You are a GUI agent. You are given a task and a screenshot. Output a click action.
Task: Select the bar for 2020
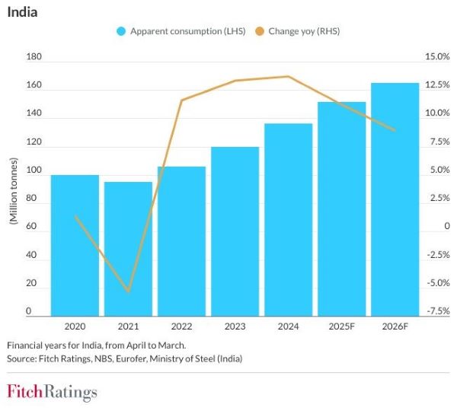point(75,245)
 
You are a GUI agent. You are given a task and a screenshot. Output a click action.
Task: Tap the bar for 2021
point(128,249)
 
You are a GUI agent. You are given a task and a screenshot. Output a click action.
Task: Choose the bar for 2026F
point(395,199)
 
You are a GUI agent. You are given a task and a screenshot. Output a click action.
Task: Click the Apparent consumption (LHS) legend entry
point(180,31)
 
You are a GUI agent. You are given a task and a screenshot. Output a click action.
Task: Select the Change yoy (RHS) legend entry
point(299,31)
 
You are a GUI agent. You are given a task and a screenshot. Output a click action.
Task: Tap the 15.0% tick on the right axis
point(438,57)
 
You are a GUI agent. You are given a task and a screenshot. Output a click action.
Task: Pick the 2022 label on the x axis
point(181,326)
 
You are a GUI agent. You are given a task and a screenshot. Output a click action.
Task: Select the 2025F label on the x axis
point(341,326)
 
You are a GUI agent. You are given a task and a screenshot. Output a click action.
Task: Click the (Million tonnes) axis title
point(12,190)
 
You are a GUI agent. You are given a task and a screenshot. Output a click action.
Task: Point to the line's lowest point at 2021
point(128,291)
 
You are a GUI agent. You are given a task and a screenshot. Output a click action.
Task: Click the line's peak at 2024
point(288,76)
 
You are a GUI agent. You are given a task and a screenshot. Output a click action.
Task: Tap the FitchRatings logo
point(52,393)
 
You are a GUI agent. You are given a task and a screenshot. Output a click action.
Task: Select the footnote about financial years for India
point(91,345)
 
